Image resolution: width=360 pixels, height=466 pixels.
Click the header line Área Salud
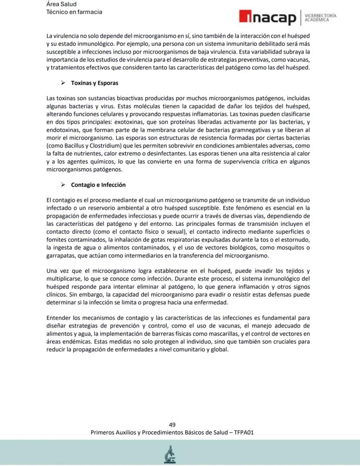pyautogui.click(x=61, y=4)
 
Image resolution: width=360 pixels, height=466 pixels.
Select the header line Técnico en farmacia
pyautogui.click(x=74, y=12)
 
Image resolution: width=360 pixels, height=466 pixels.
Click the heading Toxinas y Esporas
pyautogui.click(x=94, y=83)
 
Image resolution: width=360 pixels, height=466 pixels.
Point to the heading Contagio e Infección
pyautogui.click(x=98, y=184)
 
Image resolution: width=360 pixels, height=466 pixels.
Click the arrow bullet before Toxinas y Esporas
pyautogui.click(x=63, y=83)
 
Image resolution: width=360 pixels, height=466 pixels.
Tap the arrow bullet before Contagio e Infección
pyautogui.click(x=63, y=184)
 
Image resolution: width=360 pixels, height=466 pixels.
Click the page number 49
pyautogui.click(x=172, y=425)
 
